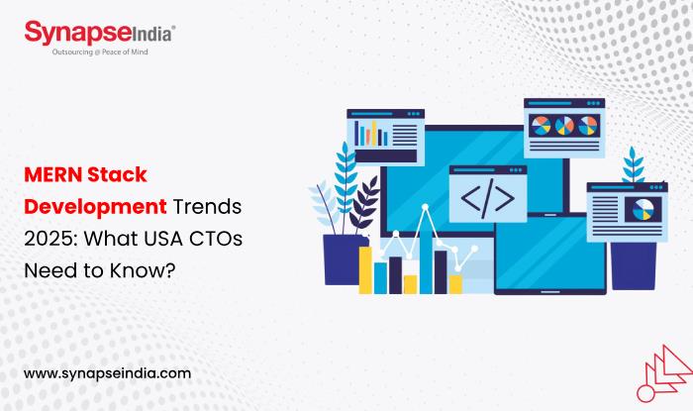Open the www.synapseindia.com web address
pyautogui.click(x=106, y=373)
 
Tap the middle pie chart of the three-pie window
pyautogui.click(x=564, y=126)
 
